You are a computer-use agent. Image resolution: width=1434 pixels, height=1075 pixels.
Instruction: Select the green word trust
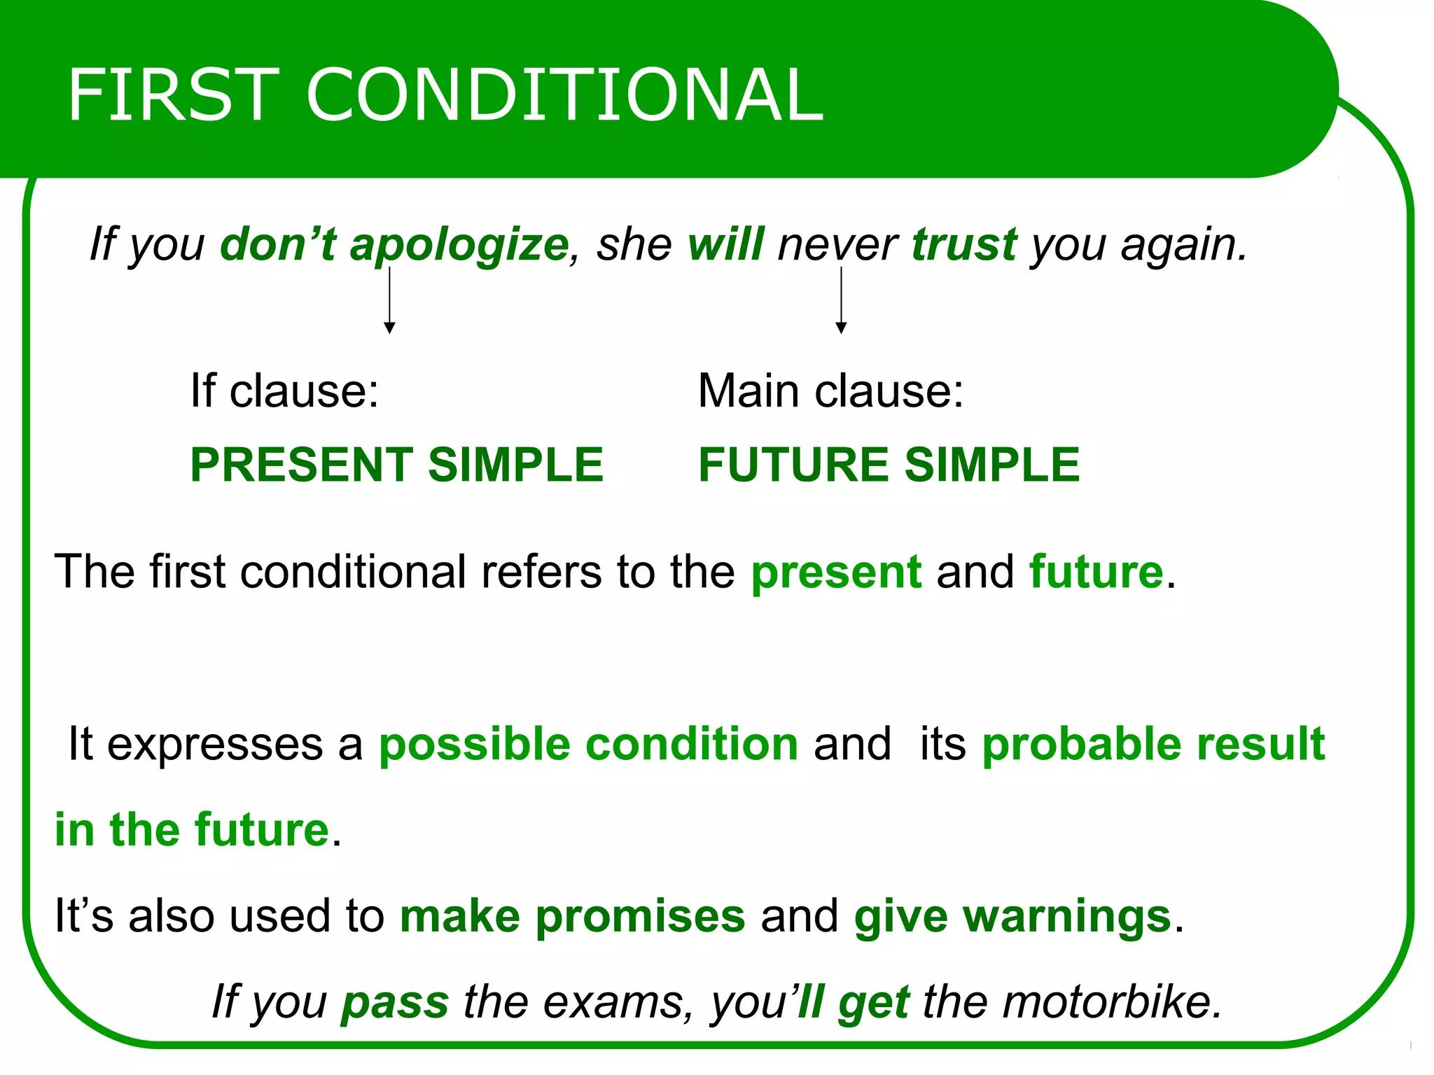[964, 244]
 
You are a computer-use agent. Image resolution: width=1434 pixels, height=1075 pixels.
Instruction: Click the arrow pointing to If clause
[390, 301]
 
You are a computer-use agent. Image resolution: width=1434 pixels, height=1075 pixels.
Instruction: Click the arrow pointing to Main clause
[842, 301]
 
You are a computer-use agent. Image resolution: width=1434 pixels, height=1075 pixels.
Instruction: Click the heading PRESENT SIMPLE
[396, 465]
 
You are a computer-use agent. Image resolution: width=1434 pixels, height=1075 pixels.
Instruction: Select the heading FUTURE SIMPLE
[889, 465]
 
